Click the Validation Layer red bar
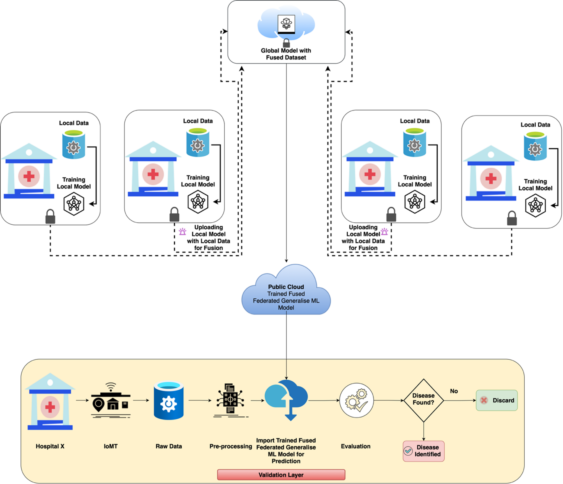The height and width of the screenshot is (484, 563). pos(281,475)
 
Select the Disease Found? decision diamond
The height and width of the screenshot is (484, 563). pos(423,400)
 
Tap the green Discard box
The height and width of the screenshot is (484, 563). pos(497,400)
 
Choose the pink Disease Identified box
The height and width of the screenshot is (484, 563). pos(423,451)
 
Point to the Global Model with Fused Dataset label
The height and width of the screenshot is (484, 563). pos(286,54)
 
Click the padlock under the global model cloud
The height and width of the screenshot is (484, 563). pos(286,43)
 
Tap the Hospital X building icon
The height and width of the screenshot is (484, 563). pos(50,402)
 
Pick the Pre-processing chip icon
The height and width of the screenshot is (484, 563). pos(230,399)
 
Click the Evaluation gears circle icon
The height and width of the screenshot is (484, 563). pos(356,400)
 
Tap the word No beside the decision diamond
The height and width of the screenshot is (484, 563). pos(454,391)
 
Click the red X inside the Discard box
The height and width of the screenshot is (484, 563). pos(484,400)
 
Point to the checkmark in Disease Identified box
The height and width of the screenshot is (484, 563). pos(408,451)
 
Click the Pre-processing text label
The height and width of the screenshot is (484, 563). pos(230,446)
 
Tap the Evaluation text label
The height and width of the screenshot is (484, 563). pos(356,446)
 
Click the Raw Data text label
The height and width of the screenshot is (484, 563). pos(169,446)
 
